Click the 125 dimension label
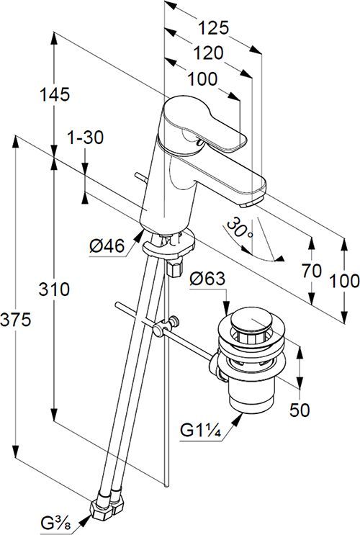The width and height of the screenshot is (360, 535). click(214, 27)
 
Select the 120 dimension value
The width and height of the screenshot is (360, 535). click(209, 53)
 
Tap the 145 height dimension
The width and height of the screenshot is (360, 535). click(55, 94)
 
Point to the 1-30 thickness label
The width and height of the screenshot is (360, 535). click(85, 138)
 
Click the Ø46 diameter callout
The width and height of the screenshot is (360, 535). click(107, 246)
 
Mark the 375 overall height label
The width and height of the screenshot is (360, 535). click(16, 320)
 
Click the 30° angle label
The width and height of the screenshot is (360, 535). click(240, 228)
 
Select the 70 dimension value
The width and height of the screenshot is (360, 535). click(312, 271)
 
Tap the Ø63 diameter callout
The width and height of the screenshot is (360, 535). click(207, 279)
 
